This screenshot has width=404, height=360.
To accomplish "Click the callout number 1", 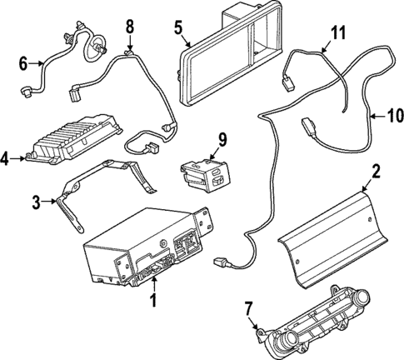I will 152,297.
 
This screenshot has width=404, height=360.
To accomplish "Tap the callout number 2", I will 376,172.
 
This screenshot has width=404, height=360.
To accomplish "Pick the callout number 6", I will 22,61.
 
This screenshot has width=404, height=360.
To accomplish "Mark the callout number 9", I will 222,138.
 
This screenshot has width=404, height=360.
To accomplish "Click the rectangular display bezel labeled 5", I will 229,54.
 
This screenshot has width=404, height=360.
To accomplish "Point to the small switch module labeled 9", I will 204,169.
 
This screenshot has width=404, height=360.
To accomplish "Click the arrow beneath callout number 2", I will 372,187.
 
